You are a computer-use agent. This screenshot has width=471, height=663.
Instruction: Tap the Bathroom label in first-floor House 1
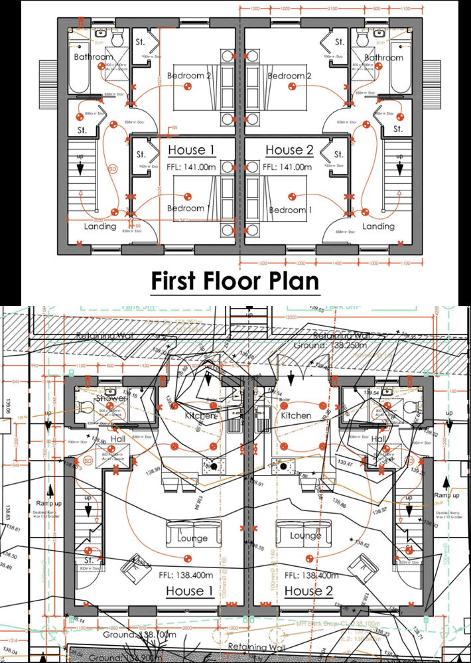pos(93,57)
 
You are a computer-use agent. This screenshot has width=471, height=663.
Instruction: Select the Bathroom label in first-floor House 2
pos(383,58)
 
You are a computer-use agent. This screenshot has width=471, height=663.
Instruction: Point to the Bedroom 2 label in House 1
pos(189,76)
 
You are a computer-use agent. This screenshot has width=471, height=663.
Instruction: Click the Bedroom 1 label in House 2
pos(290,210)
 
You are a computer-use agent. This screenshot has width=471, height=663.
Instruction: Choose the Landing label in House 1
pos(100,226)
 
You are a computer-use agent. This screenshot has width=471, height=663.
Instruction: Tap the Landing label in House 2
pos(379,226)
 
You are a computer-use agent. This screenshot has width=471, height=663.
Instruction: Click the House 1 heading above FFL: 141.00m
pos(191,150)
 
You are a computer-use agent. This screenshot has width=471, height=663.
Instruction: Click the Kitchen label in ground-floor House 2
pos(296,415)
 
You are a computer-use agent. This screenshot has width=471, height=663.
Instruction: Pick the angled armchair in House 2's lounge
pos(364,565)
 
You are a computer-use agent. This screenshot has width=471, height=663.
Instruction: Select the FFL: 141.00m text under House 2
pos(288,168)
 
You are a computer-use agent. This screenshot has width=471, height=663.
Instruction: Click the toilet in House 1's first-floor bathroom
pos(118,40)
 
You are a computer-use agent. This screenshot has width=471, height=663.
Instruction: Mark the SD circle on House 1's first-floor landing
pos(112,169)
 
